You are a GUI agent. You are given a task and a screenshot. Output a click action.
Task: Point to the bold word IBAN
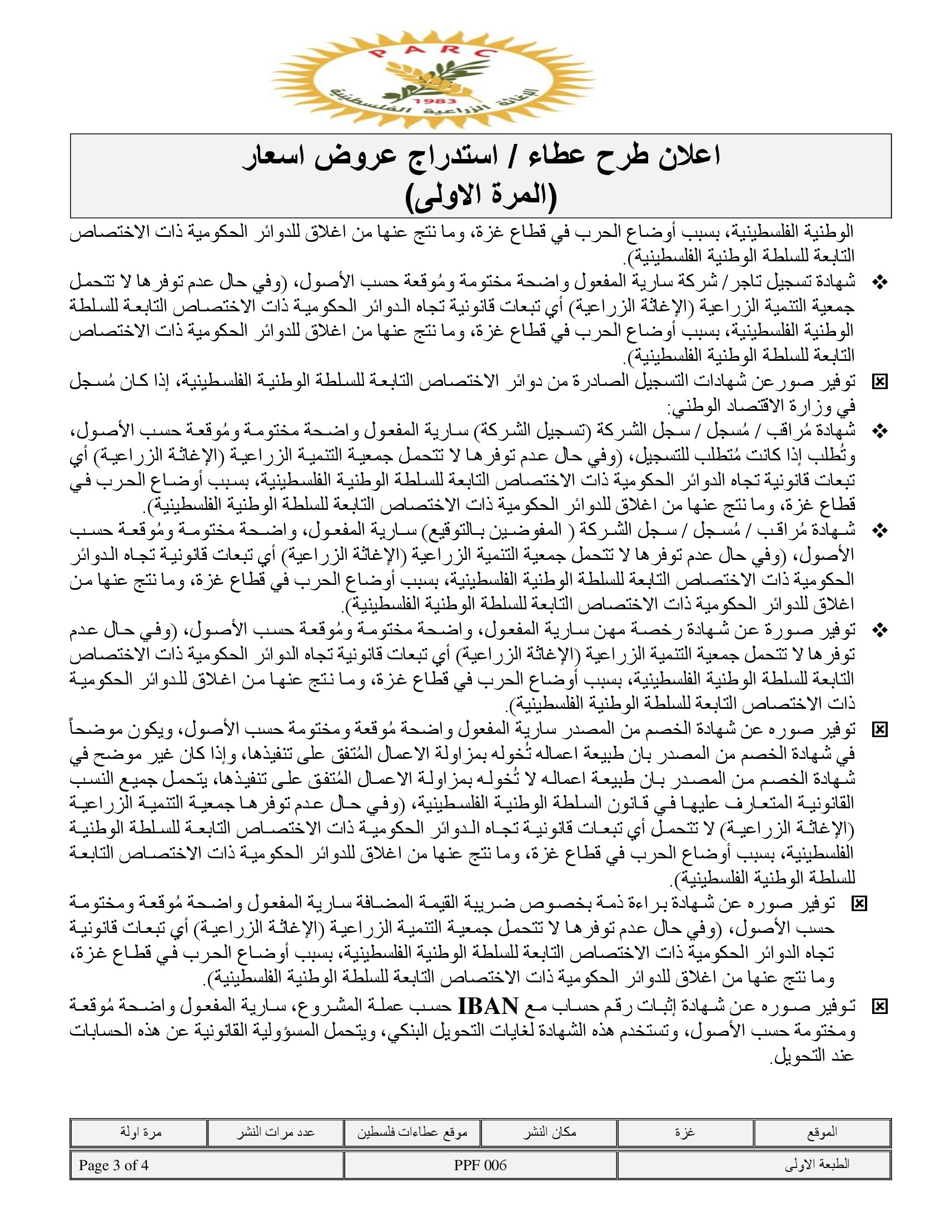coord(488,1006)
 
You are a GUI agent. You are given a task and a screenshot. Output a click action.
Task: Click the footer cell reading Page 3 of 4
coord(113,1165)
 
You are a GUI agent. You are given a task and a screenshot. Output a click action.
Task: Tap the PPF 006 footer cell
coord(480,1165)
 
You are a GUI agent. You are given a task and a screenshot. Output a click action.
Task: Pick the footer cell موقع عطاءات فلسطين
coord(412,1132)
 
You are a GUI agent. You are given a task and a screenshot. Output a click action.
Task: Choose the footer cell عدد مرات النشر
coord(275,1132)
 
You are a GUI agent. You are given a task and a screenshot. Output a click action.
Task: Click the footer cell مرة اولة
coord(141,1132)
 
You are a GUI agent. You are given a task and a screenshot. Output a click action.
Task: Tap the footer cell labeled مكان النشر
coord(549,1132)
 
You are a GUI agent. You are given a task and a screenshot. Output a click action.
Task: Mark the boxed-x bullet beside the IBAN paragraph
coord(880,1007)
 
